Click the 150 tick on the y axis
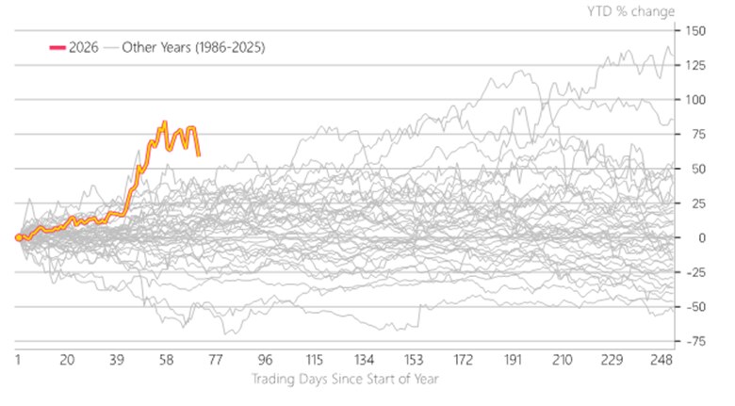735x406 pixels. coord(698,30)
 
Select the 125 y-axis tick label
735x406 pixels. coord(698,65)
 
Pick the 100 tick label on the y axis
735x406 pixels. coord(698,100)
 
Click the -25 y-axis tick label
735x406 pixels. coord(696,273)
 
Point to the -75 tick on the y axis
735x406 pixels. coord(696,342)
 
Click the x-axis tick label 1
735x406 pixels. coord(18,361)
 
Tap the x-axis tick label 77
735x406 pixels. coord(215,361)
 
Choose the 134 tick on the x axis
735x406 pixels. coord(363,361)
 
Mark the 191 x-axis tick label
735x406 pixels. coord(512,361)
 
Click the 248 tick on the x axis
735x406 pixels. coord(661,361)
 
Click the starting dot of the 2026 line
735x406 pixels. coord(19,237)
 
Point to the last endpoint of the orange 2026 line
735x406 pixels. coord(198,154)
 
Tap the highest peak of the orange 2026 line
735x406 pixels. coord(165,122)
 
